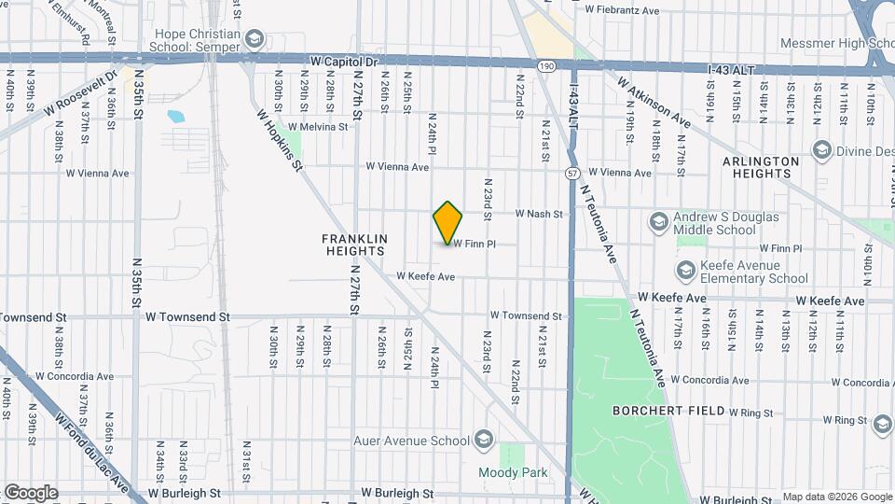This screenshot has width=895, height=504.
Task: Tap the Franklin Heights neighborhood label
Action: (355, 245)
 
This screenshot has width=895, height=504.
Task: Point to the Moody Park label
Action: (513, 473)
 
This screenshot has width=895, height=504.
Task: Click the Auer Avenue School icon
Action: (483, 439)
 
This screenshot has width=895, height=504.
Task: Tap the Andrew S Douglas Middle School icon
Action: (659, 223)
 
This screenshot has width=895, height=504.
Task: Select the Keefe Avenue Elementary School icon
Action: (686, 271)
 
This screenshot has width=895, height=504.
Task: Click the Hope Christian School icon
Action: (255, 39)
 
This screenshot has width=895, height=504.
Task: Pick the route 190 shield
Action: (547, 64)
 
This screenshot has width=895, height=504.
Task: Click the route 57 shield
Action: (571, 173)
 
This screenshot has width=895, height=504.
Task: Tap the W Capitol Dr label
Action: (344, 62)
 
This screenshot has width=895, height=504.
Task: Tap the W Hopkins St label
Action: (281, 140)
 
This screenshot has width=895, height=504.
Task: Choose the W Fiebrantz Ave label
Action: (621, 9)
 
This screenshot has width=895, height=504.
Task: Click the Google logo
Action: (31, 493)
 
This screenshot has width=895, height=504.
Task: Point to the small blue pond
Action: (175, 118)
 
